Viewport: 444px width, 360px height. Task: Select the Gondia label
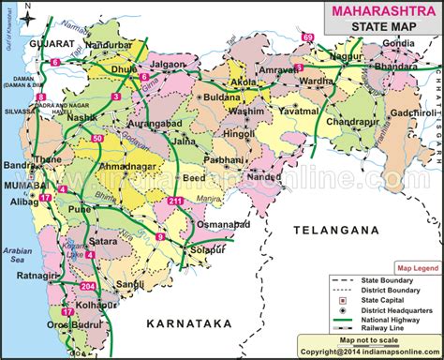coord(397,44)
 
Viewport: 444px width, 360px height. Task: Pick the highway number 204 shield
coord(88,285)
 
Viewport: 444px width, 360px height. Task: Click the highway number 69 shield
coord(307,37)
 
